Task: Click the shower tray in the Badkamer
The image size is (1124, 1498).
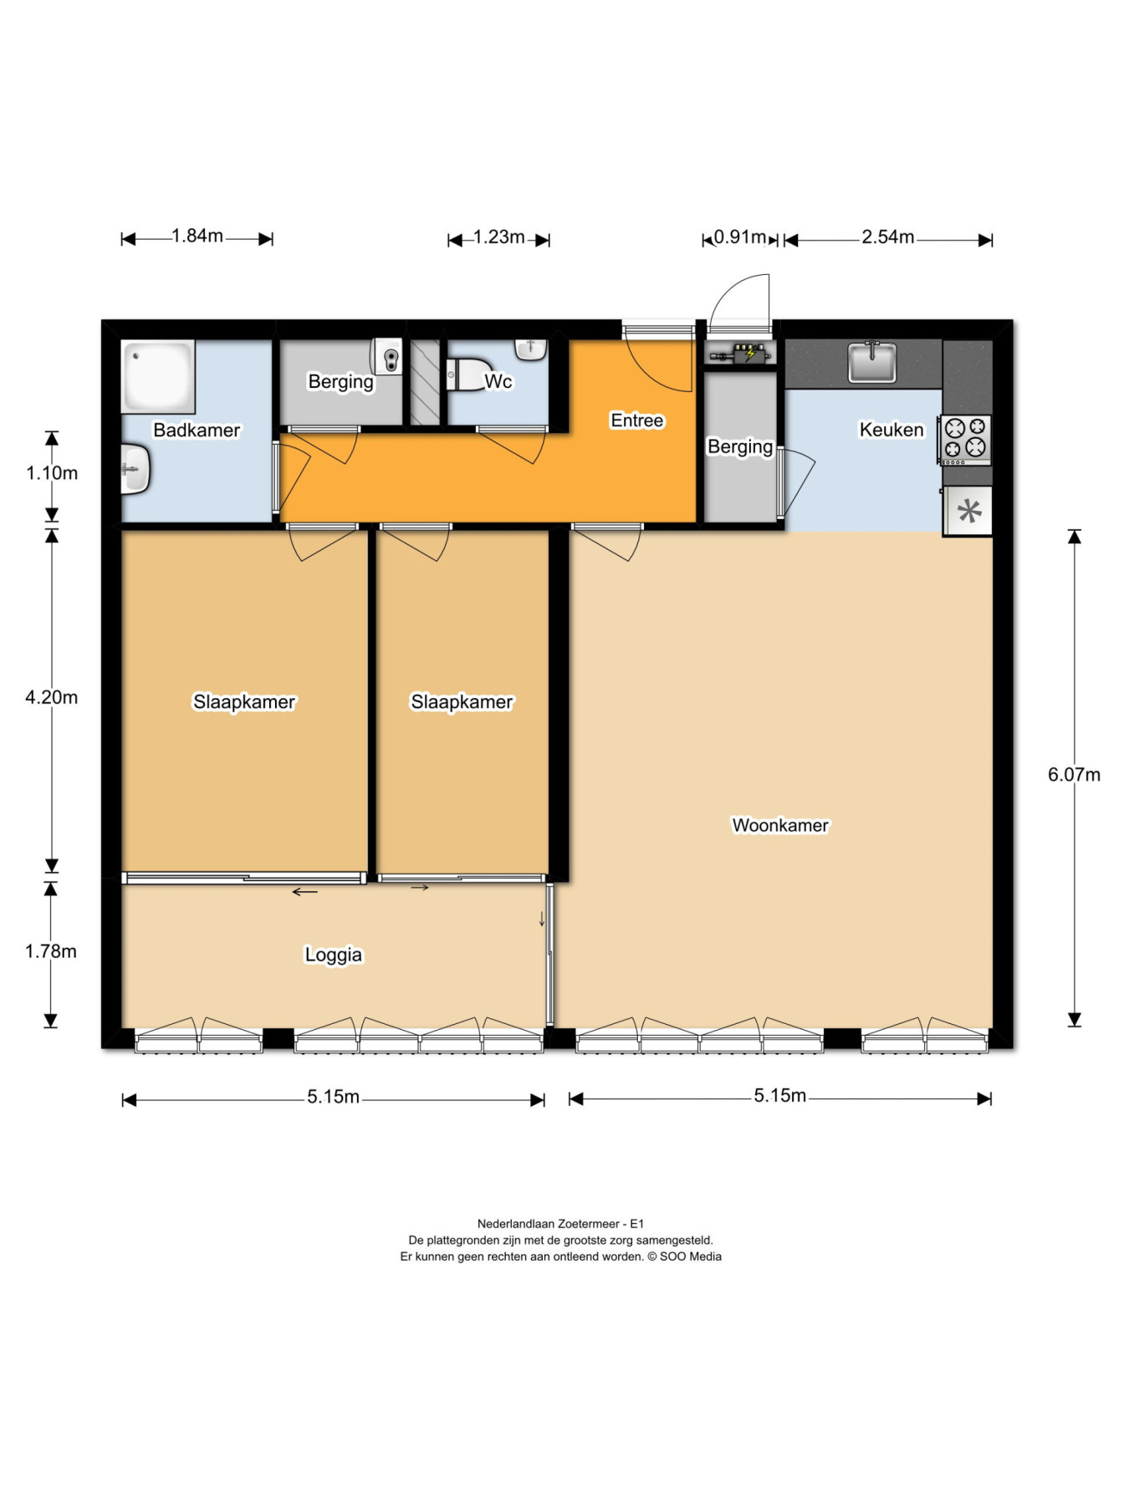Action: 158,376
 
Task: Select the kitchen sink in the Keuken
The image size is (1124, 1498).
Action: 872,362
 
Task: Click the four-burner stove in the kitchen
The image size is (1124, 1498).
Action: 964,440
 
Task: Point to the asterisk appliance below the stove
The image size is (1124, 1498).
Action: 968,511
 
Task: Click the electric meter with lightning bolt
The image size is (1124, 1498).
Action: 749,353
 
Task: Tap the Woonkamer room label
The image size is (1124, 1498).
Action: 780,825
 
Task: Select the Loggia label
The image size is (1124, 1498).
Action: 334,955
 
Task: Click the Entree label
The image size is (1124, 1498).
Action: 637,420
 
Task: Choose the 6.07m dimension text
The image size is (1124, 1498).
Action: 1074,774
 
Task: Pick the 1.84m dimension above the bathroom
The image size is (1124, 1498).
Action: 197,236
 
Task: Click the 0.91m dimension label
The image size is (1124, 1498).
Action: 740,237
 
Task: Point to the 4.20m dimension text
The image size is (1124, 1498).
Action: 52,697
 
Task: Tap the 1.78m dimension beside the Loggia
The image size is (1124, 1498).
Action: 51,951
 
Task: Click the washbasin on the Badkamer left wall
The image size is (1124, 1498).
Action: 135,469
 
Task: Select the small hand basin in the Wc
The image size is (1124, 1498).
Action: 531,349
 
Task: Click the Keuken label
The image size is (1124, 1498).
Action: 892,430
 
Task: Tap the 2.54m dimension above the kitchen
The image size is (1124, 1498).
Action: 888,237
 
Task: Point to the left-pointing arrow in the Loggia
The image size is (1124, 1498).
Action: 305,892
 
